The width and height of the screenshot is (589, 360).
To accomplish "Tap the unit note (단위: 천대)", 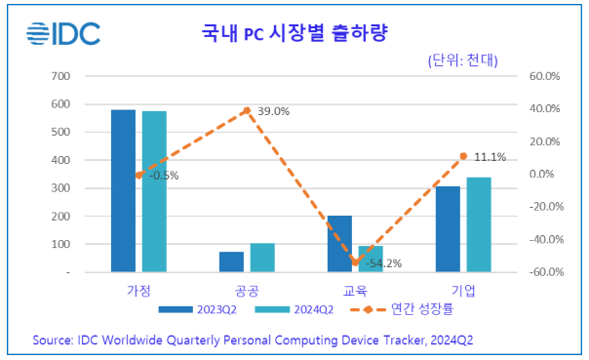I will tap(463, 60).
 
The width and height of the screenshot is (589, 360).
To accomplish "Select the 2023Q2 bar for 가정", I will tap(123, 190).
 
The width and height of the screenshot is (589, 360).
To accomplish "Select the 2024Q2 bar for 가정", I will tap(154, 191).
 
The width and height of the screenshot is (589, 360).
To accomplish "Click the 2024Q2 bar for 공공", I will tap(262, 258).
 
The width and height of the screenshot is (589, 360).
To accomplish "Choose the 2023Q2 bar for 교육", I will tap(339, 244).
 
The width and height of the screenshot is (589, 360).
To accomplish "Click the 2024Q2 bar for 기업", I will tap(479, 224).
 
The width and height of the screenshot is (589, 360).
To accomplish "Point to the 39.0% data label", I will tap(274, 111).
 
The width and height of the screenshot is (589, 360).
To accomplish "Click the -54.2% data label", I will tap(384, 263).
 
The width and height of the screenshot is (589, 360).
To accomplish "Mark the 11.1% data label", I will tap(491, 156).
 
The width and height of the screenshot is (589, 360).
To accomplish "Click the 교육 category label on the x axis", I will tap(355, 291).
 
